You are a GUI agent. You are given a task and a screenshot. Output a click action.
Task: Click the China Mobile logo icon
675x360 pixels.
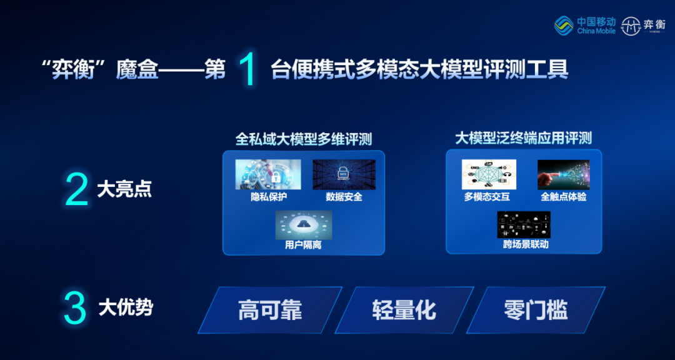[564, 26]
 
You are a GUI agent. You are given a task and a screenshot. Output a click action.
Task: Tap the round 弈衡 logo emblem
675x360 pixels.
[631, 26]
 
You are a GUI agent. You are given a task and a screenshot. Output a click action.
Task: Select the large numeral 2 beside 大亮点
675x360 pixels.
[77, 190]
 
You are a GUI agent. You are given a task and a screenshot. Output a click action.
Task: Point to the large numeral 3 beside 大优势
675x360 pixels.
[76, 308]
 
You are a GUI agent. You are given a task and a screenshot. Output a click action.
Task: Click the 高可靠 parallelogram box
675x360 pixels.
[271, 310]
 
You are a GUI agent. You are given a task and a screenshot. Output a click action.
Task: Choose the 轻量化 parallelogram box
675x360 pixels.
[404, 310]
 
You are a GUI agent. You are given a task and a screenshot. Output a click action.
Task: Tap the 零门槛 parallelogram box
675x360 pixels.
[536, 310]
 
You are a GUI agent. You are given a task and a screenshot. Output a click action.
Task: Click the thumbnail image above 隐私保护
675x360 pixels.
[267, 174]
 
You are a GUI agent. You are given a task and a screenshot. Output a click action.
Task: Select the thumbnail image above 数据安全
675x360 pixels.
[344, 174]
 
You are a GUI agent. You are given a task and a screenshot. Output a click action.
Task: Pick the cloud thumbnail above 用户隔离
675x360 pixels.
[304, 225]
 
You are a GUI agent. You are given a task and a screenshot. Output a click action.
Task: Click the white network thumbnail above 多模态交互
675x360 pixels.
[489, 174]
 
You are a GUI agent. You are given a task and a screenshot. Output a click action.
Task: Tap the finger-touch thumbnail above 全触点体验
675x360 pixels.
[563, 174]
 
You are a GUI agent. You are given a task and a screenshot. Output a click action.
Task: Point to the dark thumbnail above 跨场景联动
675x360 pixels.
[524, 224]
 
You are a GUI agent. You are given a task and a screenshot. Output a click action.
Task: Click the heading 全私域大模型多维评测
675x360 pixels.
[304, 139]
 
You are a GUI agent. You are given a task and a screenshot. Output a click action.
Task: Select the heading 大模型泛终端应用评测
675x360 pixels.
[524, 138]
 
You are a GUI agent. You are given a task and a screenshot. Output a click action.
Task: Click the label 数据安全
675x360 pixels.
[344, 197]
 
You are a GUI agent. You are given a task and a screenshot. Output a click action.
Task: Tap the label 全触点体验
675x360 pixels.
[564, 197]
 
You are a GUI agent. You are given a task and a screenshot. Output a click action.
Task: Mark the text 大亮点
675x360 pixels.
[124, 190]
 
